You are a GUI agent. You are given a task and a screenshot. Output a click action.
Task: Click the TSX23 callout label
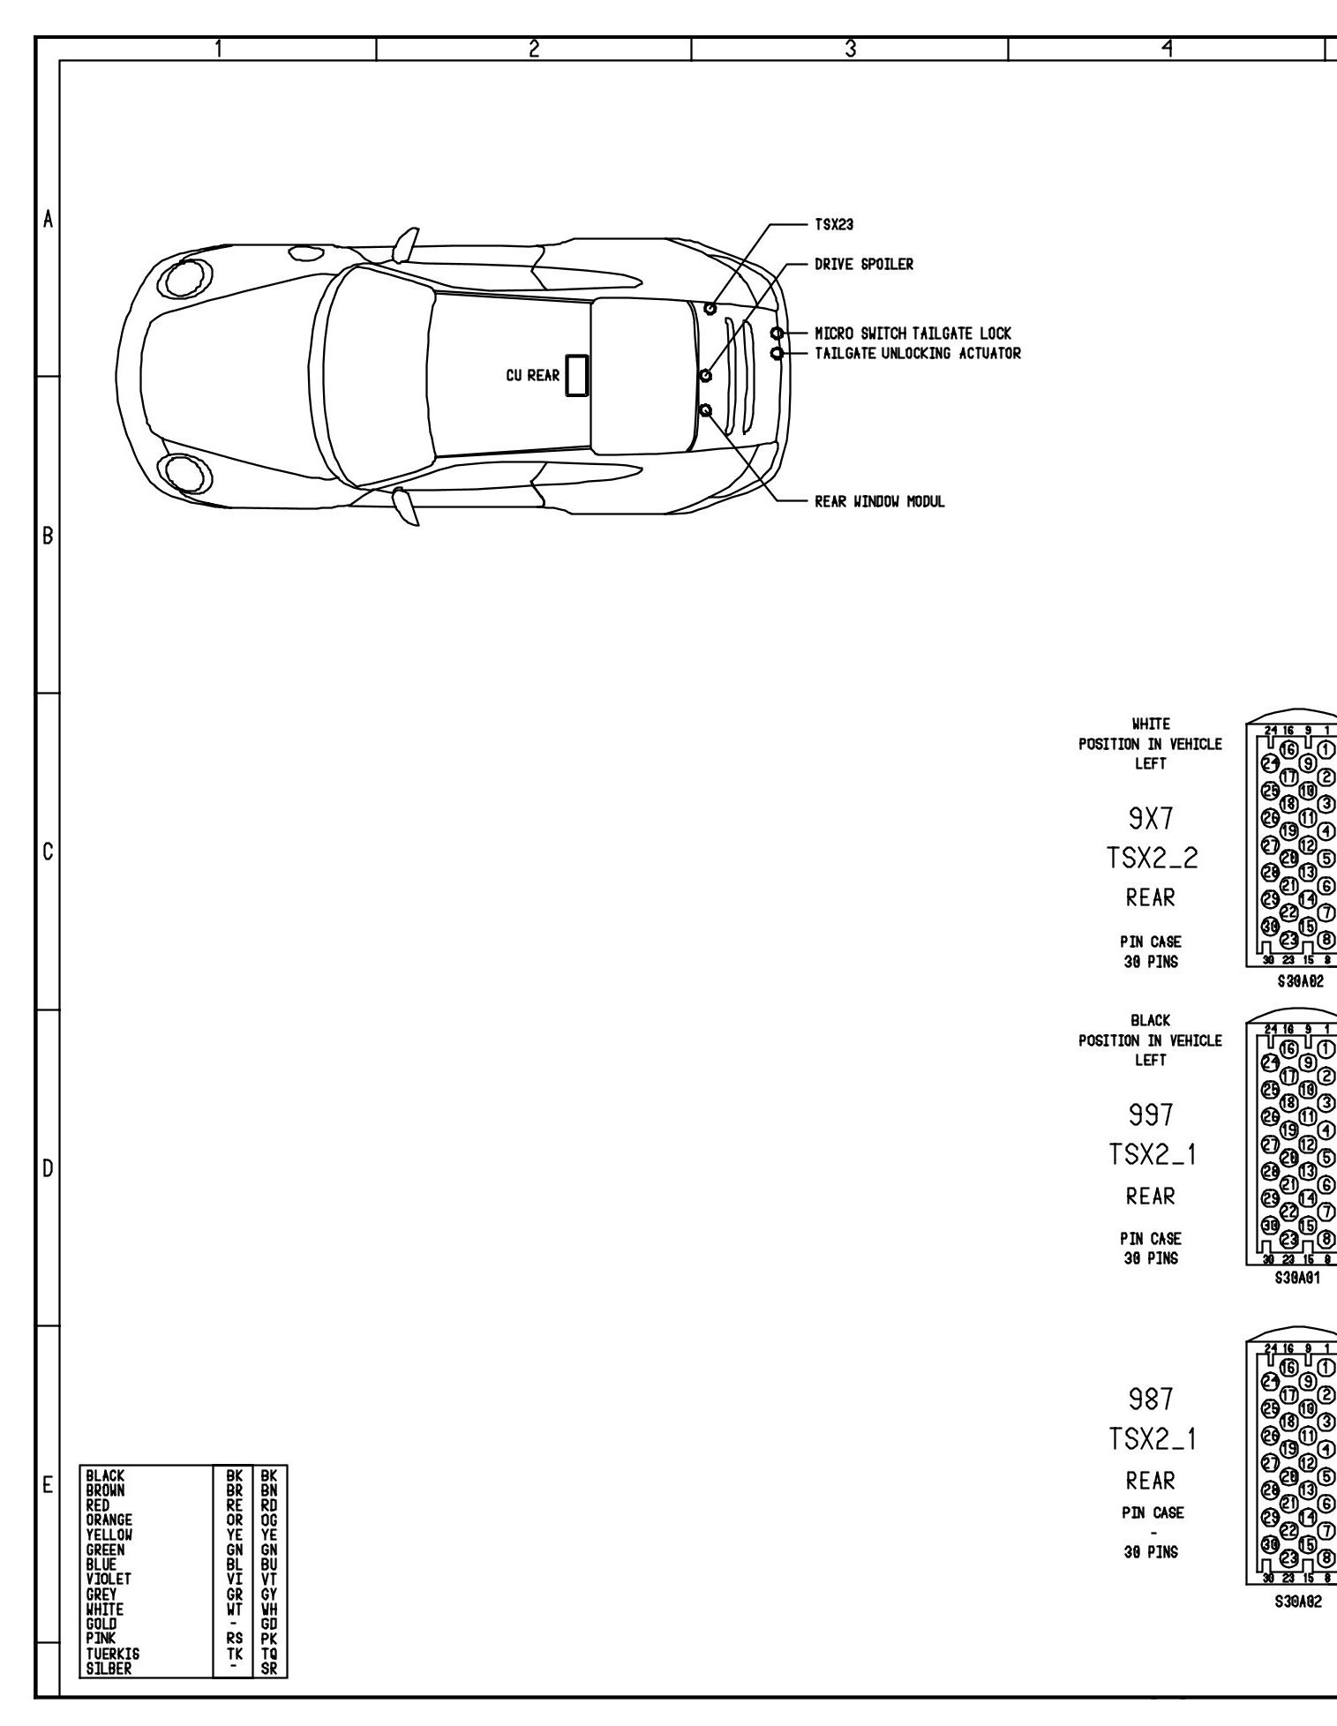point(833,225)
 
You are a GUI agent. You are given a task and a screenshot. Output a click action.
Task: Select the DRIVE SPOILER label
point(863,264)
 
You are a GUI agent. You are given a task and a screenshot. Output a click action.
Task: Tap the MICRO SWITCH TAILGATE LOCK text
point(913,334)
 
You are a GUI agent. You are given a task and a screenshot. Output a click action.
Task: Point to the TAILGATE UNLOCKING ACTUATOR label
point(917,353)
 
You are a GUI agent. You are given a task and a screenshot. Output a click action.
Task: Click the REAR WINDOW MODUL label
point(879,501)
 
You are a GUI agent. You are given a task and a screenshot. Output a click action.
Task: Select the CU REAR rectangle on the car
point(578,375)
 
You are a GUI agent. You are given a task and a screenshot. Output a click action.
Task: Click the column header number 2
point(533,49)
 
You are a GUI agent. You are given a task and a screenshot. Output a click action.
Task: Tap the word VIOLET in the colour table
point(109,1579)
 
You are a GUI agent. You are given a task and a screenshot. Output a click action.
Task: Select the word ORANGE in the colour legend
point(109,1520)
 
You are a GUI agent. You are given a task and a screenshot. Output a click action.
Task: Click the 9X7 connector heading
point(1151,820)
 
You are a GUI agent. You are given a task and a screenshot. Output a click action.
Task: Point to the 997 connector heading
point(1151,1116)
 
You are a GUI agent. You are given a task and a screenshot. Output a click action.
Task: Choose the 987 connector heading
point(1151,1399)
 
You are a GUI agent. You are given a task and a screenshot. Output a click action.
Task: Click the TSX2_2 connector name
point(1152,859)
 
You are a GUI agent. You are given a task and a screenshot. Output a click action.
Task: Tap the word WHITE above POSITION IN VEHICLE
point(1150,724)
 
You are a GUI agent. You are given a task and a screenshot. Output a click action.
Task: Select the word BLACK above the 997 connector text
point(1150,1021)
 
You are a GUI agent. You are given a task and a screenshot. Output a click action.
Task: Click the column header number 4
point(1167,49)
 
